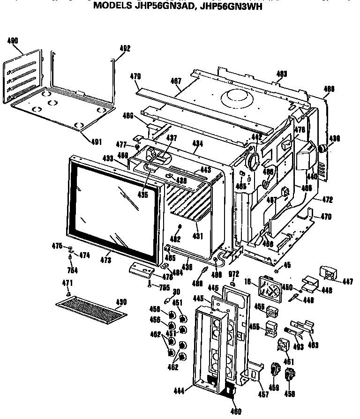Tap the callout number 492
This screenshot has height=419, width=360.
pyautogui.click(x=125, y=48)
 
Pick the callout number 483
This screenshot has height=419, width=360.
pyautogui.click(x=281, y=74)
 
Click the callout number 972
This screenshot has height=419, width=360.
pyautogui.click(x=233, y=273)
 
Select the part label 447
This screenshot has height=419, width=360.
pyautogui.click(x=348, y=281)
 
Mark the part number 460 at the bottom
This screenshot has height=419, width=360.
pyautogui.click(x=236, y=412)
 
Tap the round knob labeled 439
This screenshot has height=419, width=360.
pyautogui.click(x=322, y=149)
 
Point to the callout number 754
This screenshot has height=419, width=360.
pyautogui.click(x=72, y=270)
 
